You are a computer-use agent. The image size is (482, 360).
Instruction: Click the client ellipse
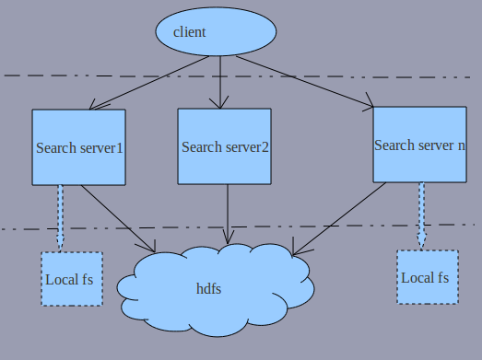[x=216, y=32]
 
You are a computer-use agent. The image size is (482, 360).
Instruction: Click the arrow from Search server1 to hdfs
[x=118, y=218]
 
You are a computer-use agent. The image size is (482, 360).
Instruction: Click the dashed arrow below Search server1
[x=61, y=216]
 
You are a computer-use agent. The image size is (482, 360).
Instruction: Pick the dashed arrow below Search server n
[x=421, y=214]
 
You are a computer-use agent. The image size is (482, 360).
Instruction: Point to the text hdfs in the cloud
[x=208, y=289]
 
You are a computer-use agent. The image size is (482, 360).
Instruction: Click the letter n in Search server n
[x=461, y=145]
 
